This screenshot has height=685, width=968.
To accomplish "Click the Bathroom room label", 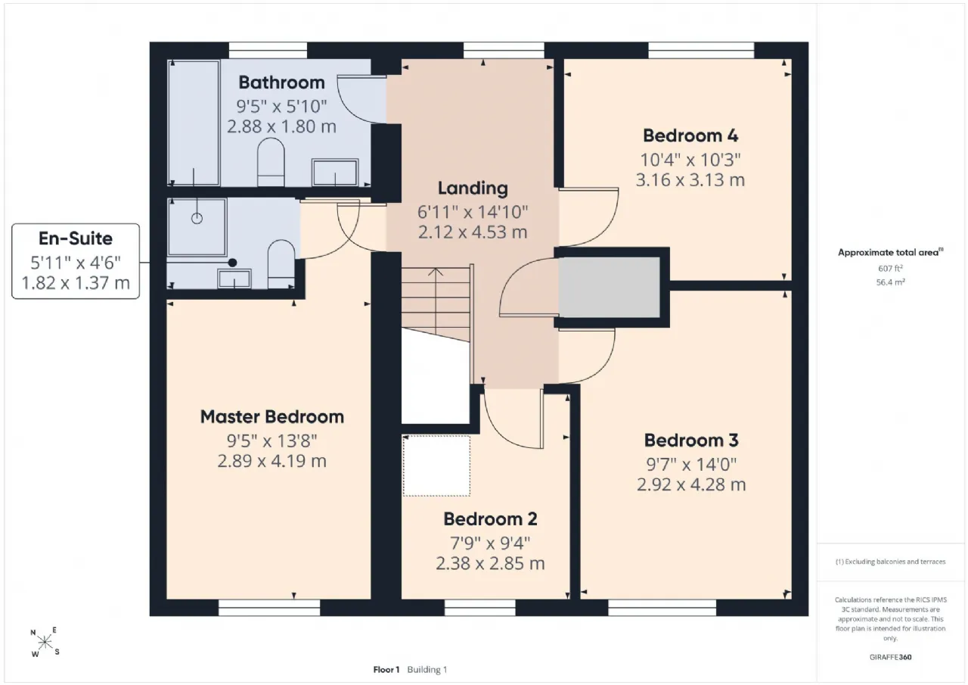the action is tap(281, 83).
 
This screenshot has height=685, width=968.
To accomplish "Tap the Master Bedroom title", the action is tap(272, 417).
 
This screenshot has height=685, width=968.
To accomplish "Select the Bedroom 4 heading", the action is tap(690, 135).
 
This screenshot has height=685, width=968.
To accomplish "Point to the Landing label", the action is tap(473, 188).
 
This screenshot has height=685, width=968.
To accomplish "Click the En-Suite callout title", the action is tap(76, 238).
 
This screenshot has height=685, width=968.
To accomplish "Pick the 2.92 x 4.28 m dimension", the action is tap(691, 484).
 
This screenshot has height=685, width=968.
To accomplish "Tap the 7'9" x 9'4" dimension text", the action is tap(490, 543).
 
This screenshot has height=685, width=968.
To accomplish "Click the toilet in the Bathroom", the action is tap(271, 162).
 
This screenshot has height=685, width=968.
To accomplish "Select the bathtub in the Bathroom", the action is tap(194, 123).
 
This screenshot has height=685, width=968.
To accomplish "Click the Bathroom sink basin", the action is tap(335, 172).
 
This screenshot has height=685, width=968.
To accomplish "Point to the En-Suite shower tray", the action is tap(197, 227).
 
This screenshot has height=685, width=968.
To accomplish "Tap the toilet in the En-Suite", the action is tap(281, 264).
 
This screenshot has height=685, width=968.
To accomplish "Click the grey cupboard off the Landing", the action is tap(609, 287).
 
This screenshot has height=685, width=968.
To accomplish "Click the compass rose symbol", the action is tap(45, 643).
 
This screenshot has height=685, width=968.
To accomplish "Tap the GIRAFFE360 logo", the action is tap(890, 657).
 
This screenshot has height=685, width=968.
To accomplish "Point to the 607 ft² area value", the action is tap(890, 269).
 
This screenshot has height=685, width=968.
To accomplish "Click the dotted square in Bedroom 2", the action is tap(436, 465).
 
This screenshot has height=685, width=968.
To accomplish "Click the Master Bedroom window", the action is tap(269, 608).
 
